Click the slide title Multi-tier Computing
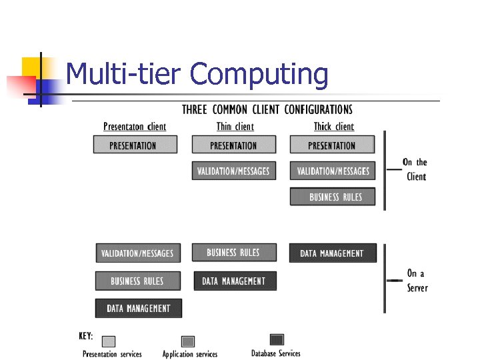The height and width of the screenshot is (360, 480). [197, 74]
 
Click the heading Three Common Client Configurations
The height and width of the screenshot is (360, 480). [267, 109]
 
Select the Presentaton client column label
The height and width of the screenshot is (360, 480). [135, 127]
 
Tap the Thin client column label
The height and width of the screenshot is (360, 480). [235, 127]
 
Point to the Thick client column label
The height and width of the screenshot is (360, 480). [334, 127]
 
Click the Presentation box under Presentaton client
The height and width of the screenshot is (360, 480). [135, 145]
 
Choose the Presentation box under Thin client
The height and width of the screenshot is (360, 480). [233, 145]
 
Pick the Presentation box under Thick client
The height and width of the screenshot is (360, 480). [332, 145]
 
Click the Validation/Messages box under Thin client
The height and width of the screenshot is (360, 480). [233, 171]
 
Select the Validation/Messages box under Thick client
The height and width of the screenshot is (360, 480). [333, 171]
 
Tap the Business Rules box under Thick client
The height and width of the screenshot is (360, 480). [333, 197]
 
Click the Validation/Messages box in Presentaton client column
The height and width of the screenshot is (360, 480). [137, 253]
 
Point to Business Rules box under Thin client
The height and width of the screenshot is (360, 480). [233, 252]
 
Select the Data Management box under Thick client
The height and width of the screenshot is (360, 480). [332, 253]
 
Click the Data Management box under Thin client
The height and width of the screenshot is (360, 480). [234, 281]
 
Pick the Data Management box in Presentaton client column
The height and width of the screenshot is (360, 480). [138, 308]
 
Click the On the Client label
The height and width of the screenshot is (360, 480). [415, 169]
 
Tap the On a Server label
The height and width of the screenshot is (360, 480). [417, 281]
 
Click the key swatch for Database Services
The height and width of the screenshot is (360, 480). [277, 340]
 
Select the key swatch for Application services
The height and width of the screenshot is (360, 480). [189, 341]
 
